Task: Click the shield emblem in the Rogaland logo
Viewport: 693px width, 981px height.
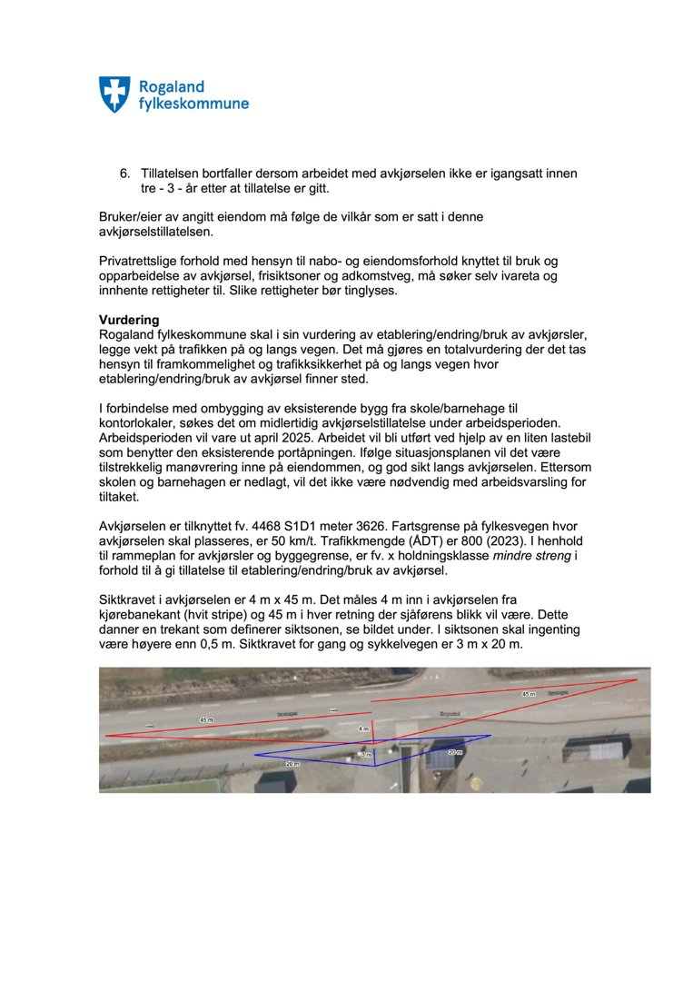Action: coord(114,94)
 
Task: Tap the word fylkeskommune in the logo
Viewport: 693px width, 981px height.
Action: coord(193,104)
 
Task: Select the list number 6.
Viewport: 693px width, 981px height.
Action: coord(125,173)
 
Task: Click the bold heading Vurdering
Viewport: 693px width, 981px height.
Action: coord(129,321)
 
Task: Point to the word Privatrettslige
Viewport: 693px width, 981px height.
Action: coord(142,261)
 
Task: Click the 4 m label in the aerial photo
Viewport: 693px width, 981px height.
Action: coord(363,728)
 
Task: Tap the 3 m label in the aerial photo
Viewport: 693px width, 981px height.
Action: coord(367,755)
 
